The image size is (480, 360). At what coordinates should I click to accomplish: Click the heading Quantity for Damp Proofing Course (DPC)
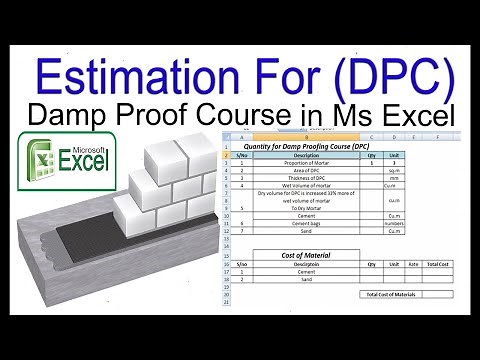tap(302, 146)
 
